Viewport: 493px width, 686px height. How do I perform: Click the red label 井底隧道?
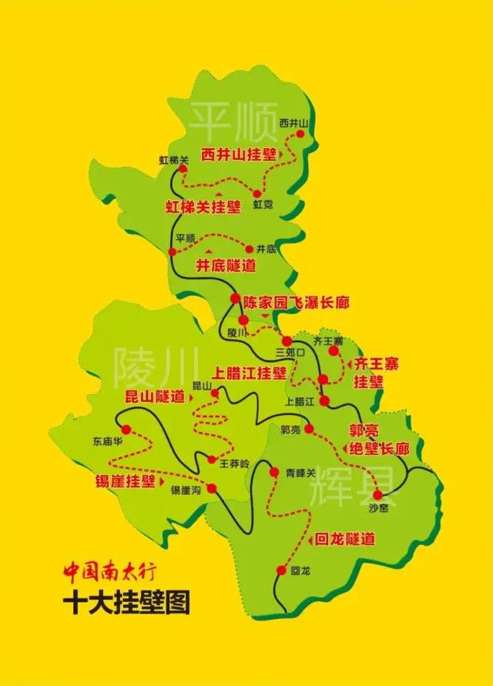pos(226,266)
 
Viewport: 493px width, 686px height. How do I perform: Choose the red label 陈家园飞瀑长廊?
pos(296,303)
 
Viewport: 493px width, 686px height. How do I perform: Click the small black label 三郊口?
pos(290,352)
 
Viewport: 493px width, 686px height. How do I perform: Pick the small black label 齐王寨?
pos(328,340)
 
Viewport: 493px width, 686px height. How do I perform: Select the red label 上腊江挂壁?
pos(250,373)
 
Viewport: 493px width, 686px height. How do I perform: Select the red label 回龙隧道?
pos(344,540)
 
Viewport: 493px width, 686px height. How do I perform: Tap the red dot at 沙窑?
pos(377,494)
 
